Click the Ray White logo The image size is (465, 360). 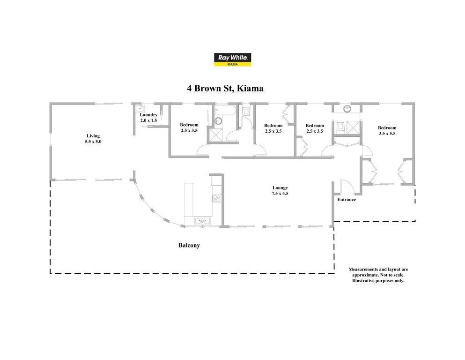point(233,60)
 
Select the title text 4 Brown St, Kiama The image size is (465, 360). point(225,88)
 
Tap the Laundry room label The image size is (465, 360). point(148,115)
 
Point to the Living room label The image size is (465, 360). point(93,136)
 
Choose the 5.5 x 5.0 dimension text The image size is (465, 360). point(93,142)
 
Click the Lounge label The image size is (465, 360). point(280,187)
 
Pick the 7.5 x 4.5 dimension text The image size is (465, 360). point(280,193)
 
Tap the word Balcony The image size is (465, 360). point(189,245)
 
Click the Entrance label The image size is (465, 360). point(347,199)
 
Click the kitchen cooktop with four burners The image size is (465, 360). point(217,198)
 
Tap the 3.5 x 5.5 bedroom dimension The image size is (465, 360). point(387,133)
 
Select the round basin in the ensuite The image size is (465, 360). point(347,109)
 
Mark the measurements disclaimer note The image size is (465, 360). point(378,275)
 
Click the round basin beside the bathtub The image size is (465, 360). point(218,121)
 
